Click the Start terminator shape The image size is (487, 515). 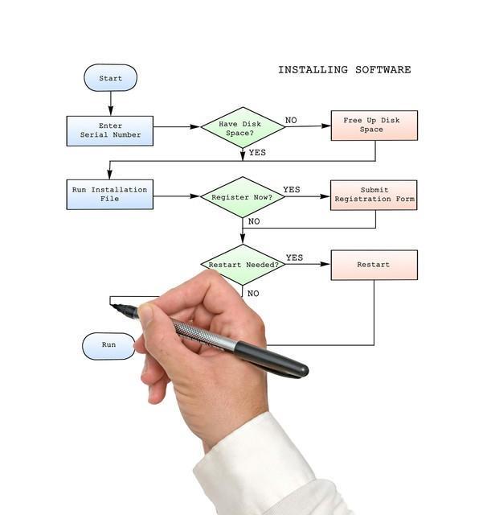click(110, 78)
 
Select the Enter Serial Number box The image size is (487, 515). click(109, 130)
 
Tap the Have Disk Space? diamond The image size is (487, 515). click(242, 127)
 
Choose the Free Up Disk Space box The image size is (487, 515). click(374, 126)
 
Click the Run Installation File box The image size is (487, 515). click(109, 195)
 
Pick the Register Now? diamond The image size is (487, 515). click(242, 197)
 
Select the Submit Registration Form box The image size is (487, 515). click(374, 195)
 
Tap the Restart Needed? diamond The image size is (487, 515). click(242, 265)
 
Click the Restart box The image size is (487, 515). click(374, 265)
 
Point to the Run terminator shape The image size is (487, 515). click(108, 345)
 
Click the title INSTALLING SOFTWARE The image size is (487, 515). click(344, 70)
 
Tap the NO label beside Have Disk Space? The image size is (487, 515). click(290, 121)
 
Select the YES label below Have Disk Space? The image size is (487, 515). click(257, 152)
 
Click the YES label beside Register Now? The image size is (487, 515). click(291, 190)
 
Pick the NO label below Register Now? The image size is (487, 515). click(254, 221)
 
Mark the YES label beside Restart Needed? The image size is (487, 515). click(294, 257)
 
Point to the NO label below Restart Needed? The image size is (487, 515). click(253, 294)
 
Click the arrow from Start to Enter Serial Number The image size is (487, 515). click(111, 103)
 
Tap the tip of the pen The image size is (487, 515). click(113, 306)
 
